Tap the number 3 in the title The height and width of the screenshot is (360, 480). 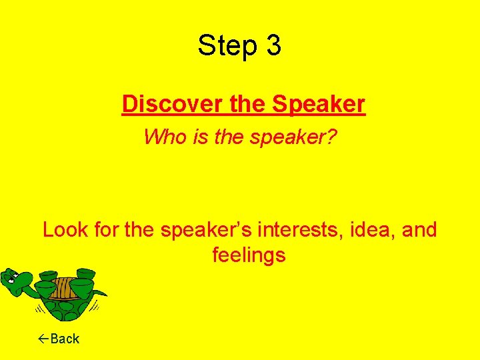pyautogui.click(x=273, y=46)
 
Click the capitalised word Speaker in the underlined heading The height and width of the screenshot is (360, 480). pyautogui.click(x=318, y=104)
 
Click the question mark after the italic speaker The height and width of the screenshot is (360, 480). pyautogui.click(x=333, y=137)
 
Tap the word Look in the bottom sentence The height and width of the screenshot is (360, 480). pyautogui.click(x=63, y=230)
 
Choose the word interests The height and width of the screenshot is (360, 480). pyautogui.click(x=303, y=230)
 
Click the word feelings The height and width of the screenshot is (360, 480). pyautogui.click(x=249, y=255)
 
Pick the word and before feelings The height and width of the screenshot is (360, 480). pyautogui.click(x=420, y=230)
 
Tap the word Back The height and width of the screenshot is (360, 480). pyautogui.click(x=65, y=339)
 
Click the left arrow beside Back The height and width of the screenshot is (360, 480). pyautogui.click(x=43, y=339)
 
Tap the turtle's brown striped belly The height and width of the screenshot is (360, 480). pyautogui.click(x=63, y=287)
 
